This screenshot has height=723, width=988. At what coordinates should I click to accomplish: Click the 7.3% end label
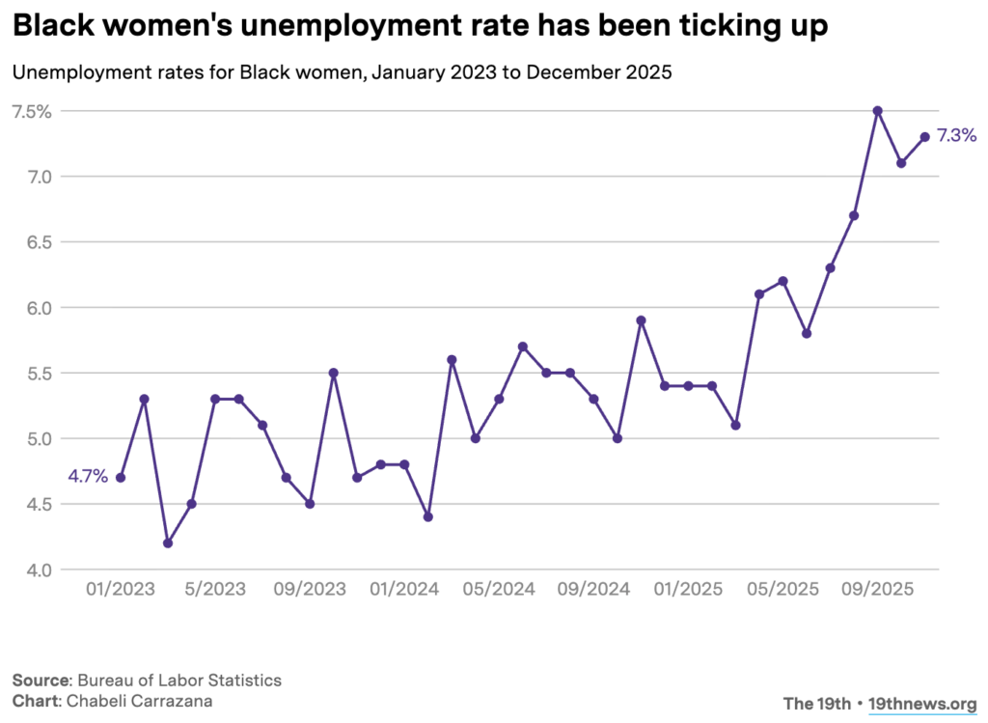click(x=956, y=136)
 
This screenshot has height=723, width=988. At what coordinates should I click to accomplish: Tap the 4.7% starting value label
click(x=87, y=476)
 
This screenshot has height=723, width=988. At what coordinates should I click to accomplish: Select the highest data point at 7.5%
click(x=877, y=111)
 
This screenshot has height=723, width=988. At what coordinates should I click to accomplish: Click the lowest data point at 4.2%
click(x=168, y=542)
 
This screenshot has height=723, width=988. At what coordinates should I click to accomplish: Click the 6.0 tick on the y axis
click(x=37, y=308)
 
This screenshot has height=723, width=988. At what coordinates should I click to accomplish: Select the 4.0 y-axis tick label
click(x=37, y=570)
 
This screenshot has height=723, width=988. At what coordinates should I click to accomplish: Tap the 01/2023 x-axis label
click(x=120, y=589)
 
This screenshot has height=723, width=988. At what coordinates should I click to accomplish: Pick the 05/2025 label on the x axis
click(x=782, y=589)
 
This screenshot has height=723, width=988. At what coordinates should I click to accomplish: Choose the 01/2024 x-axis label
click(x=404, y=589)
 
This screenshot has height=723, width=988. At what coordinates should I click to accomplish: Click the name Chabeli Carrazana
click(x=139, y=701)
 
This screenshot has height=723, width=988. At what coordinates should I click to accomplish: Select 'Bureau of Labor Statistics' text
click(x=179, y=681)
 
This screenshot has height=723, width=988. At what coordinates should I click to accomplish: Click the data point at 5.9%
click(x=641, y=320)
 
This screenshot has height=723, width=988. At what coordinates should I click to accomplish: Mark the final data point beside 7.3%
click(x=924, y=137)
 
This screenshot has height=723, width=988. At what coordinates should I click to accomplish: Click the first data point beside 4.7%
click(x=121, y=477)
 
